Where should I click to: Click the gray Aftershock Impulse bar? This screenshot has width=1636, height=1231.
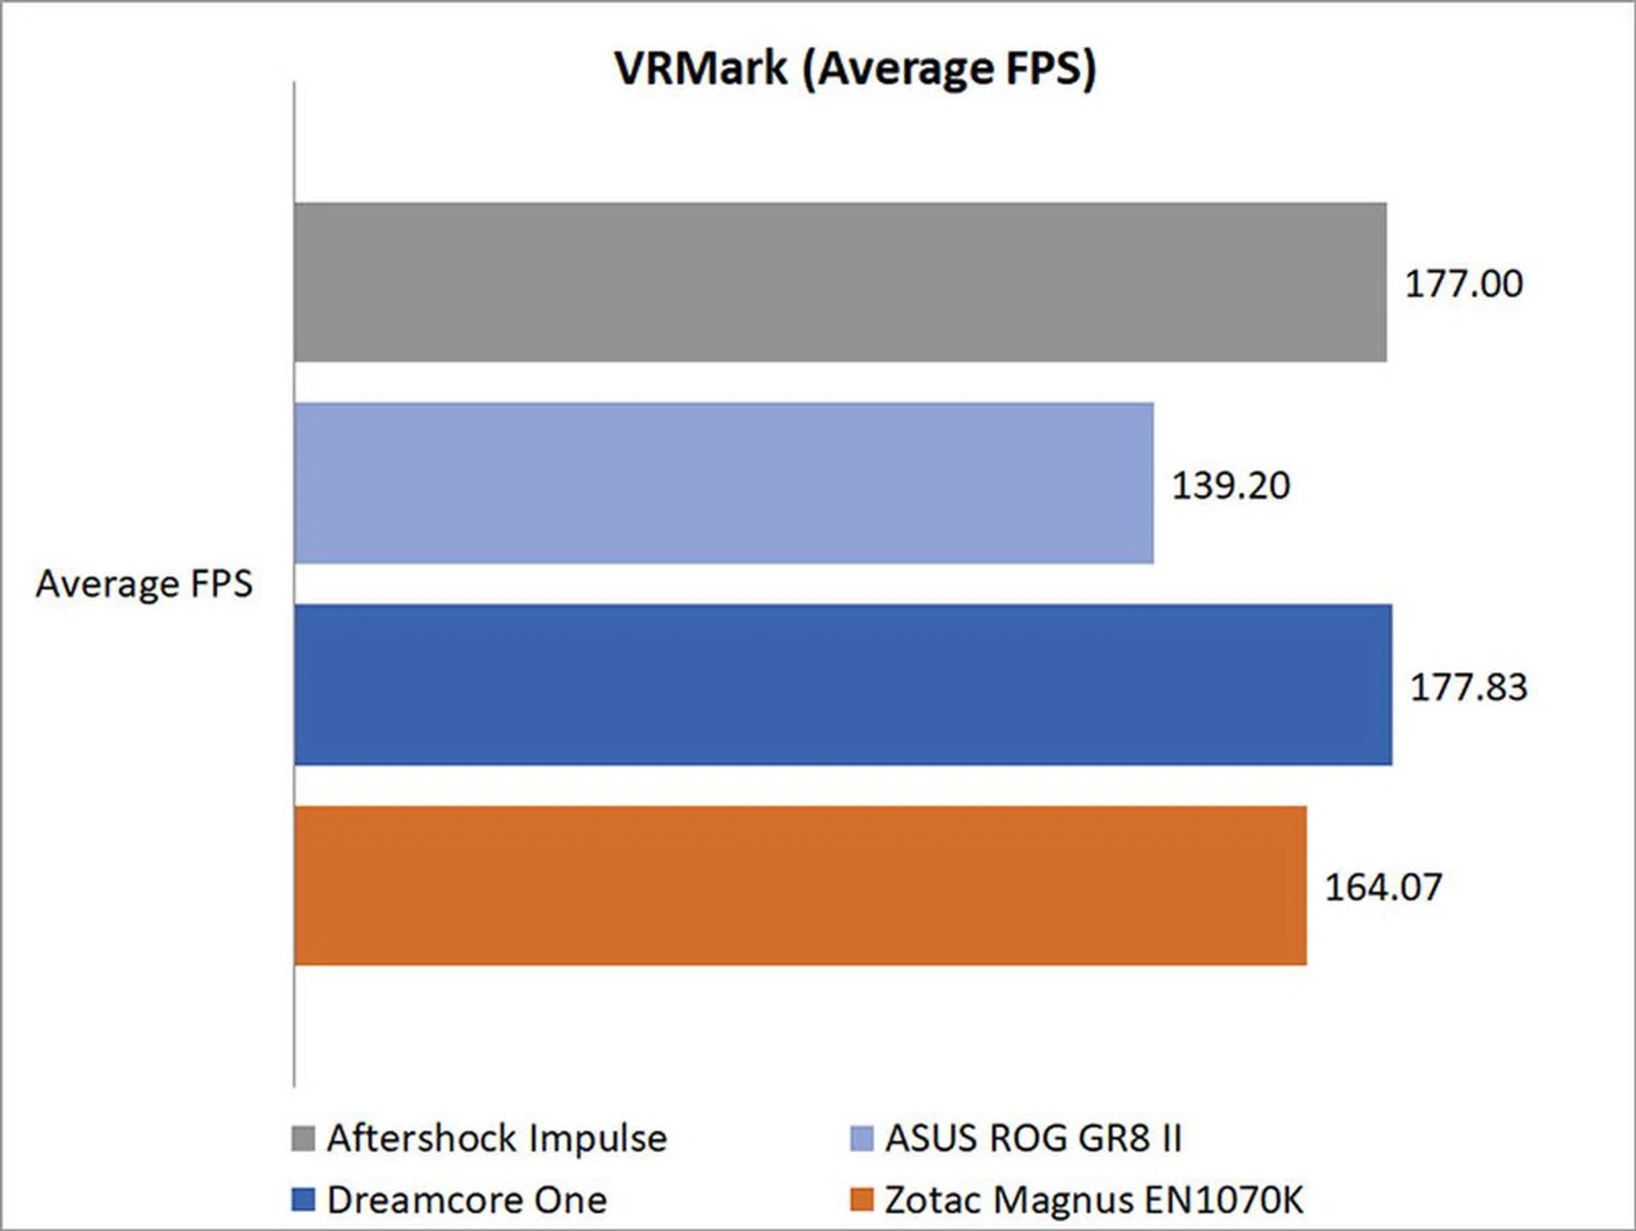pos(840,282)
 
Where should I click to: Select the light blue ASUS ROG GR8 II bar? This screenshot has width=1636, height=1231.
pos(724,483)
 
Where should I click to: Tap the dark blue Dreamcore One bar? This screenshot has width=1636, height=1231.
pos(844,685)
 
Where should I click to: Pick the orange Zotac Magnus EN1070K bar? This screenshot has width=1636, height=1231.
pos(801,886)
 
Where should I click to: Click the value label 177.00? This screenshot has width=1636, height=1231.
pos(1463,284)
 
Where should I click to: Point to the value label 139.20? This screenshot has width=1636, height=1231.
pos(1230,486)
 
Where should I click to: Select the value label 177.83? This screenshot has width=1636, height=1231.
pos(1468,687)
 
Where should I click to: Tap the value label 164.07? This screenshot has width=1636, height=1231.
pos(1383,888)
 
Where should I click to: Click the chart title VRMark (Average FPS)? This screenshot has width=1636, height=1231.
pos(855,68)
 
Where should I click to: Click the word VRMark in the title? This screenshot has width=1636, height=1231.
pos(700,68)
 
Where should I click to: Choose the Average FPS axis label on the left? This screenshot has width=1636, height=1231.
pos(144,584)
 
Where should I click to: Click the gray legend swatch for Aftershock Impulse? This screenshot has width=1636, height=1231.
pos(302,1139)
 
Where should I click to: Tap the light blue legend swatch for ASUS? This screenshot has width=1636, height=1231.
pos(861,1139)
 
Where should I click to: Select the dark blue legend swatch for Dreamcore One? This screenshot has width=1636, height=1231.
pos(302,1200)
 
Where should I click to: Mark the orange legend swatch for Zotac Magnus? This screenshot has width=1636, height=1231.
pos(861,1200)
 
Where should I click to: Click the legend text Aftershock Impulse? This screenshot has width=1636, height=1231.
pos(497,1139)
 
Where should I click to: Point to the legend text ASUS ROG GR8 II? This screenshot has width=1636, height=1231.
pos(1034,1139)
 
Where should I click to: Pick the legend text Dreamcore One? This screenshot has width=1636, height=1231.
pos(467,1200)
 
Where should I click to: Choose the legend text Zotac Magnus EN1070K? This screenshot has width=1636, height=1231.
pos(1094,1200)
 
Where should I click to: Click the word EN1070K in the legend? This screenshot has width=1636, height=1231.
pos(1224,1200)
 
